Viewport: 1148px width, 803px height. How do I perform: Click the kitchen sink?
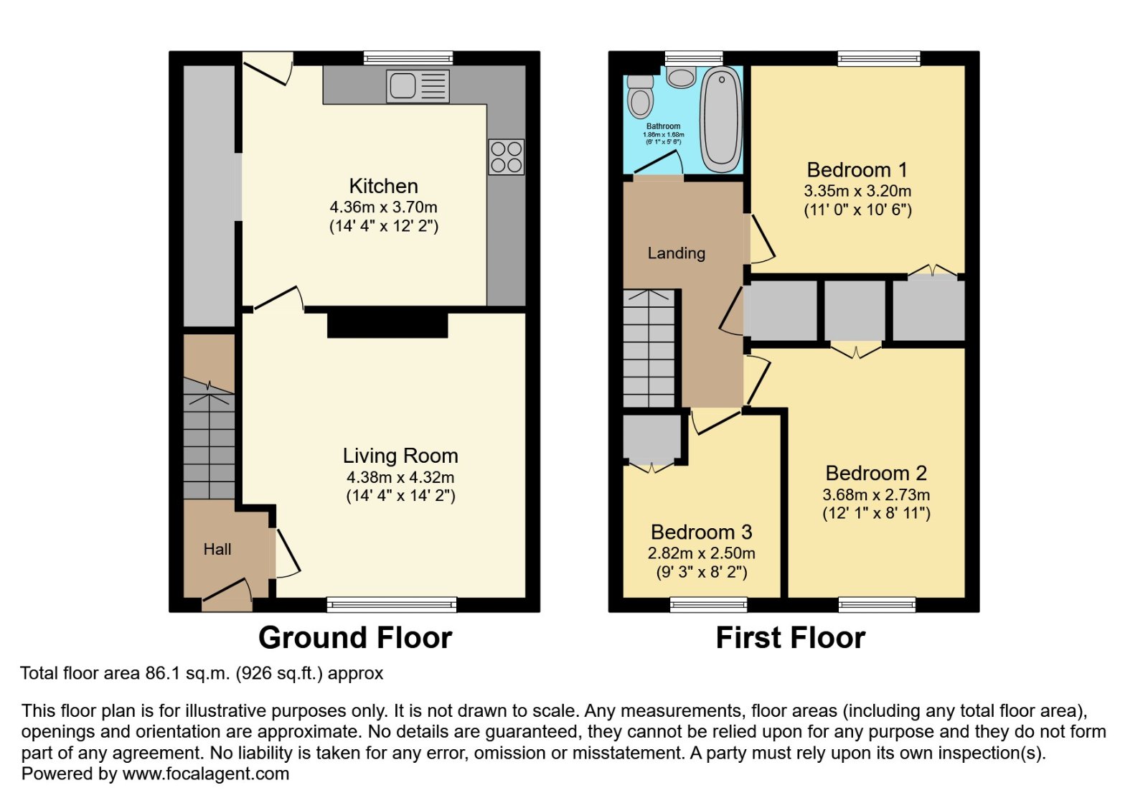tap(418, 86)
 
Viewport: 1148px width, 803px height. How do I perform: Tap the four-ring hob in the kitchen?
tap(507, 157)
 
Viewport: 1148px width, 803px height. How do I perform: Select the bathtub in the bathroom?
tap(721, 119)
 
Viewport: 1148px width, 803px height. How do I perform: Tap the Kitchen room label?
tap(383, 186)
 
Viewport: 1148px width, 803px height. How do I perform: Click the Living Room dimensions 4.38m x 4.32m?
tap(400, 477)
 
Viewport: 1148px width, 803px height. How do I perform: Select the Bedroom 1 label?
tap(857, 169)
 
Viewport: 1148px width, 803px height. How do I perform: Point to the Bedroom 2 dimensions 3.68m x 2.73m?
tap(876, 494)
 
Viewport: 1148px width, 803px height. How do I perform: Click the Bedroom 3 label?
tap(701, 532)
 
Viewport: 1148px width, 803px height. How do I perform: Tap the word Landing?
tap(676, 253)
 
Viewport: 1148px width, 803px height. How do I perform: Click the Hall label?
tap(217, 550)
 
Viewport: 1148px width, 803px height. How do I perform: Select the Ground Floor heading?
tap(355, 637)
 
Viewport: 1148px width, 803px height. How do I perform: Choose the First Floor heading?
tap(790, 637)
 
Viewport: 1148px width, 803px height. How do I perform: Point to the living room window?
tap(392, 604)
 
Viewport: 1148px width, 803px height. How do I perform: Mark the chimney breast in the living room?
tap(387, 325)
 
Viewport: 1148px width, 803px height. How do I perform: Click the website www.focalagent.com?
tap(205, 774)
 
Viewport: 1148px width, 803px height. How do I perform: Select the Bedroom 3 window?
tap(708, 605)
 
